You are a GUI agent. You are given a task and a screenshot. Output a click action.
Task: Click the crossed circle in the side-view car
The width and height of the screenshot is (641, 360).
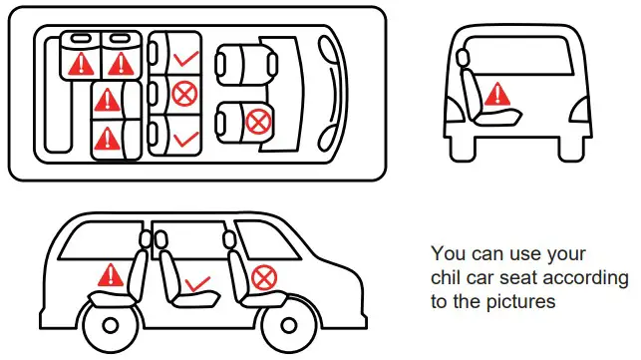coord(264,278)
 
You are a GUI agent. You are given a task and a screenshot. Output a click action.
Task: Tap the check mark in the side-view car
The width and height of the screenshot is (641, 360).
coord(197,284)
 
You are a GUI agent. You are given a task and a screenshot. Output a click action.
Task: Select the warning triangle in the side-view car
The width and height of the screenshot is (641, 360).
coord(111,275)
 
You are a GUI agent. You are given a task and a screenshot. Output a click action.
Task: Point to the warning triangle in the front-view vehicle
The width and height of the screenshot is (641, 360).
coord(497,94)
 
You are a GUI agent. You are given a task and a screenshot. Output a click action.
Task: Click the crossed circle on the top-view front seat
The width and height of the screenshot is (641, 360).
coord(258,122)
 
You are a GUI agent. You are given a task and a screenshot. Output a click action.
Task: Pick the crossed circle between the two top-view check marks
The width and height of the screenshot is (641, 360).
coord(184,94)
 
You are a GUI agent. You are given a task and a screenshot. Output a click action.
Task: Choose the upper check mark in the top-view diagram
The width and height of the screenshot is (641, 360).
coord(186,59)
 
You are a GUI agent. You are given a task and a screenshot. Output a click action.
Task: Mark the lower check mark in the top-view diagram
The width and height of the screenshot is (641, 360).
coord(186,139)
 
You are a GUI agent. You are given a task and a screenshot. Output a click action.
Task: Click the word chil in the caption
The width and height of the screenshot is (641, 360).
coord(448,277)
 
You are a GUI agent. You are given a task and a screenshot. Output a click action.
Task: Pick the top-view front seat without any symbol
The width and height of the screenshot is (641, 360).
coord(246,65)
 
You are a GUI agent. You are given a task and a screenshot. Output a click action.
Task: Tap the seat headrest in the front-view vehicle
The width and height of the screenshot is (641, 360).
coord(463,57)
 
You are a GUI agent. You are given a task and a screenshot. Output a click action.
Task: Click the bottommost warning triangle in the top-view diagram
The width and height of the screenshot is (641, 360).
coord(107,139)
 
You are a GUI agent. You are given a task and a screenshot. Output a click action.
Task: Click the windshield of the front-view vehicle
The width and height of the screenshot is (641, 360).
coord(518,56)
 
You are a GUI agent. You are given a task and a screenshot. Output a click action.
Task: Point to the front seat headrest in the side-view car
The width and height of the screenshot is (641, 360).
coord(229,240)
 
